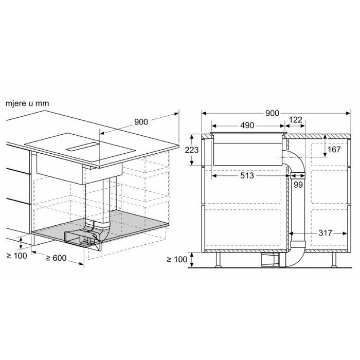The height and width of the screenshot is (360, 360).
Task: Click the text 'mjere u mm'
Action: click(27, 103)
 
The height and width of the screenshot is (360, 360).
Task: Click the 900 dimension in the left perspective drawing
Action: click(141, 122)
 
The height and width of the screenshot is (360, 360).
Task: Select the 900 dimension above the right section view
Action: click(272, 113)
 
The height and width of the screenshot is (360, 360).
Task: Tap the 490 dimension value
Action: click(247, 125)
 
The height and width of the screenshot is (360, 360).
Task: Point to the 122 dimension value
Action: click(296, 120)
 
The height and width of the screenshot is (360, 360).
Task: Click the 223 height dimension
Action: click(192, 150)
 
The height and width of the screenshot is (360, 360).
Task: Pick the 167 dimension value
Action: click(334, 150)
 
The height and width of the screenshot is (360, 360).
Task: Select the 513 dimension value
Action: click(247, 176)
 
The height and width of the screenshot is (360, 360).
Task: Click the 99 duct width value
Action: click(298, 185)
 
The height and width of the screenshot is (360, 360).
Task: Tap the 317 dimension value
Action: click(326, 233)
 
